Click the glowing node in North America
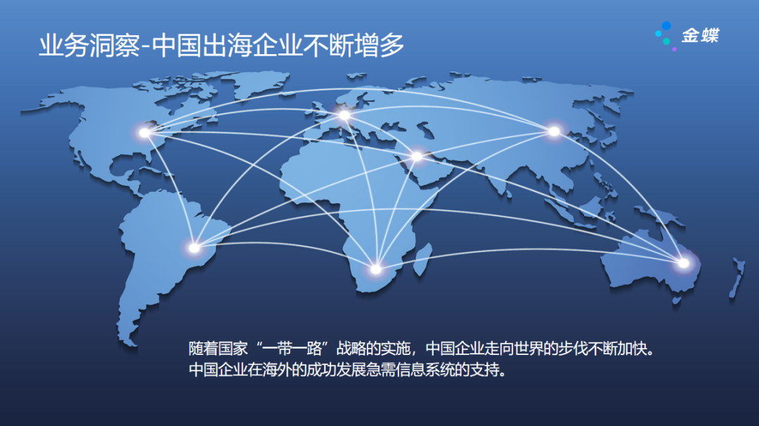coord(144,132)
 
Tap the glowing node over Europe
coord(344,115)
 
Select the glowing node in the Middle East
coord(417,156)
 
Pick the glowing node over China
coord(554,131)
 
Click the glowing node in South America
coord(194,247)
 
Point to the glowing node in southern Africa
coord(375,269)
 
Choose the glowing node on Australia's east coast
coord(683,264)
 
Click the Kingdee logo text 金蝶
coord(700,35)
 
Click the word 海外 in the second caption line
coord(273,370)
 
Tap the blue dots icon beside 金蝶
coord(666,34)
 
